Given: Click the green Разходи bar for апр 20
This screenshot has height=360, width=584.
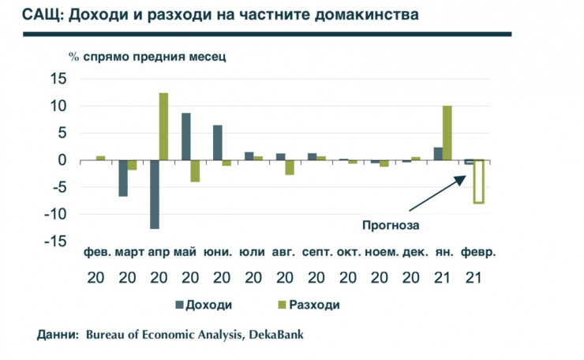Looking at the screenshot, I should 163,126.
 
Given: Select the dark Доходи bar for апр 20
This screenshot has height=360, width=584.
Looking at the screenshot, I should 155,194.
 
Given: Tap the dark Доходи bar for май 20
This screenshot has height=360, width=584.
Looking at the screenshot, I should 185,137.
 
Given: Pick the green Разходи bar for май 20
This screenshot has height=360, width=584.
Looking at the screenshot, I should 195,171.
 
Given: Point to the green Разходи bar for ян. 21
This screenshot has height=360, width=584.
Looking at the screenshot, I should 447,133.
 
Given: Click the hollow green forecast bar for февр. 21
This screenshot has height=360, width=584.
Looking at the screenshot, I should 478,181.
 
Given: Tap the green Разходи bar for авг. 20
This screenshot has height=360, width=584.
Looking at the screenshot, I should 290,167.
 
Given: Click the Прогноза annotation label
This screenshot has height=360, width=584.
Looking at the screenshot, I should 389,225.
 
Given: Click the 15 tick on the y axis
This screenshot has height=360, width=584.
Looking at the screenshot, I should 58,79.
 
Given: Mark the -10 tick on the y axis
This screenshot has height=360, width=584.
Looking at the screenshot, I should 55,214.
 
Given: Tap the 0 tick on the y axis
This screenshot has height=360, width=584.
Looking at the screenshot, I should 64,160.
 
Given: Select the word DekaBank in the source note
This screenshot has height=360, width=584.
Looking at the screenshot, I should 276,335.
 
